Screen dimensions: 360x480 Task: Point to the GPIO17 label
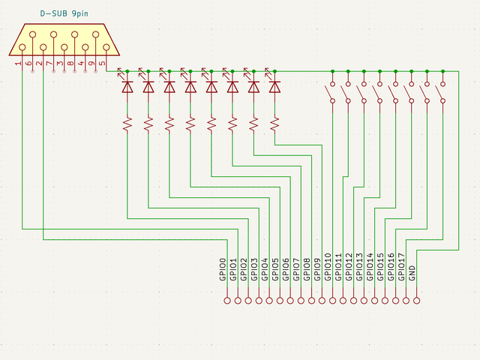point(402,268)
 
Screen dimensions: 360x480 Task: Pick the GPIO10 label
point(328,268)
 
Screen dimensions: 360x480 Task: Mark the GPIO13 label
point(360,268)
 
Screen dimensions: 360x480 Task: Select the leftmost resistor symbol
point(127,122)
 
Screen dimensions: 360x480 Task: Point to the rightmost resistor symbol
point(274,122)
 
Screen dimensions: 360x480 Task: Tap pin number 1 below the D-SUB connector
point(18,64)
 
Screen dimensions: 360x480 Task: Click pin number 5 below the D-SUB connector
point(102,64)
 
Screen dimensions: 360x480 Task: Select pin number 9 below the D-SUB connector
point(91,64)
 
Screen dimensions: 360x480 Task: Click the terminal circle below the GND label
point(415,301)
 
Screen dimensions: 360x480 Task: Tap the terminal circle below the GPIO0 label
point(227,301)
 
